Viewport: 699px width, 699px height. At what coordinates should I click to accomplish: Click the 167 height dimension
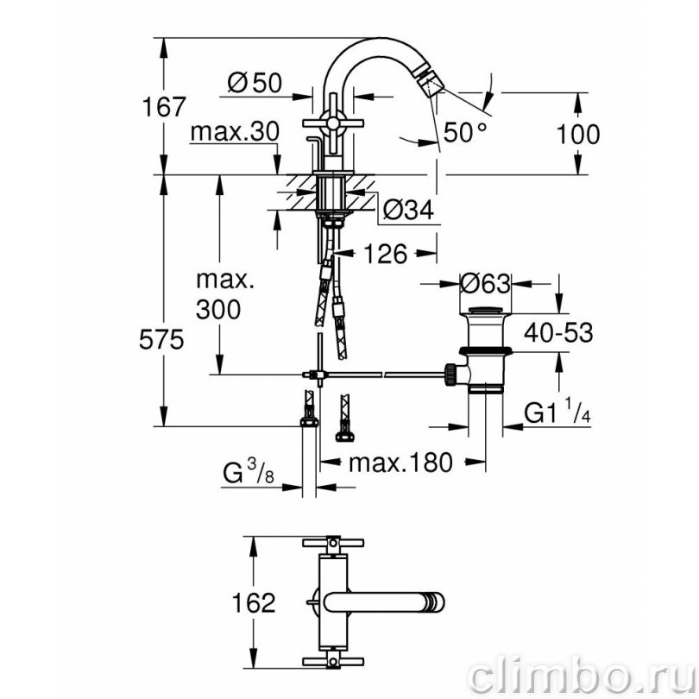(163, 107)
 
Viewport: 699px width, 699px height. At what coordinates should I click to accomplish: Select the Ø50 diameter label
(255, 83)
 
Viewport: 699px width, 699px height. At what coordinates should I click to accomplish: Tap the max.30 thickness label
(235, 132)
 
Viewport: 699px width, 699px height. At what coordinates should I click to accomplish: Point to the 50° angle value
(465, 132)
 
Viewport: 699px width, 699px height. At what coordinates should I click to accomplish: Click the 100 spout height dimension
(578, 134)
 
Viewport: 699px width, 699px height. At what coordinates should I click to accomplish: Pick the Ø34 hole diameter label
(408, 210)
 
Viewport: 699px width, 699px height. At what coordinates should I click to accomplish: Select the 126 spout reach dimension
(386, 254)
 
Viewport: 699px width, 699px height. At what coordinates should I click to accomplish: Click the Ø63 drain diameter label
(486, 284)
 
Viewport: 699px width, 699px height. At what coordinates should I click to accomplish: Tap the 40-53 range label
(558, 332)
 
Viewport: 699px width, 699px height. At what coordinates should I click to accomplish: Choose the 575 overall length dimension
(161, 340)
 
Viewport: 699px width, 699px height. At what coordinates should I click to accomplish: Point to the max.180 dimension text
(400, 463)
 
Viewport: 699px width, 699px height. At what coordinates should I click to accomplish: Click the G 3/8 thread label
(249, 474)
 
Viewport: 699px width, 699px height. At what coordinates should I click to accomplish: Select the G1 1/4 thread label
(557, 412)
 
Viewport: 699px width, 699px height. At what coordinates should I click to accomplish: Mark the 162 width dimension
(254, 603)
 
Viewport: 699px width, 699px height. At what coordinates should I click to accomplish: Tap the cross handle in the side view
(333, 123)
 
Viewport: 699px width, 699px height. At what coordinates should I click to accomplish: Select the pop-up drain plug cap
(486, 310)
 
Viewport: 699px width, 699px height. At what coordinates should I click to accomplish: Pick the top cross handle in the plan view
(333, 543)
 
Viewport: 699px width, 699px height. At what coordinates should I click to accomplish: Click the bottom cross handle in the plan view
(333, 661)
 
